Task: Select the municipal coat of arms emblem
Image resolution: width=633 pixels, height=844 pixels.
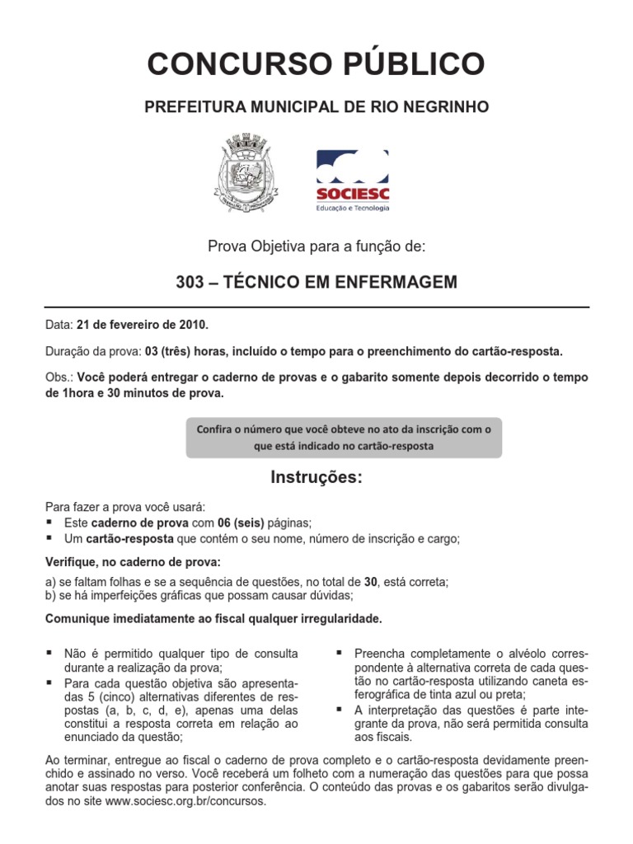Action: click(x=245, y=178)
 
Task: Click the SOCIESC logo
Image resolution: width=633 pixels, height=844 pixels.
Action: click(x=354, y=180)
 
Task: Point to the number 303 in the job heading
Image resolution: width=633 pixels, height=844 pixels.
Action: click(x=190, y=283)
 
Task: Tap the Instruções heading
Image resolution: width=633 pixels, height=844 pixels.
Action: click(x=316, y=479)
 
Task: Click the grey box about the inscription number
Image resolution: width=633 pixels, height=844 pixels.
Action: click(x=343, y=438)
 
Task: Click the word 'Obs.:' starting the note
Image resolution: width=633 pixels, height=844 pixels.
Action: click(x=60, y=377)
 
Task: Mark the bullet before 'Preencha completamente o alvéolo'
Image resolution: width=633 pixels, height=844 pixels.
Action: click(x=339, y=652)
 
